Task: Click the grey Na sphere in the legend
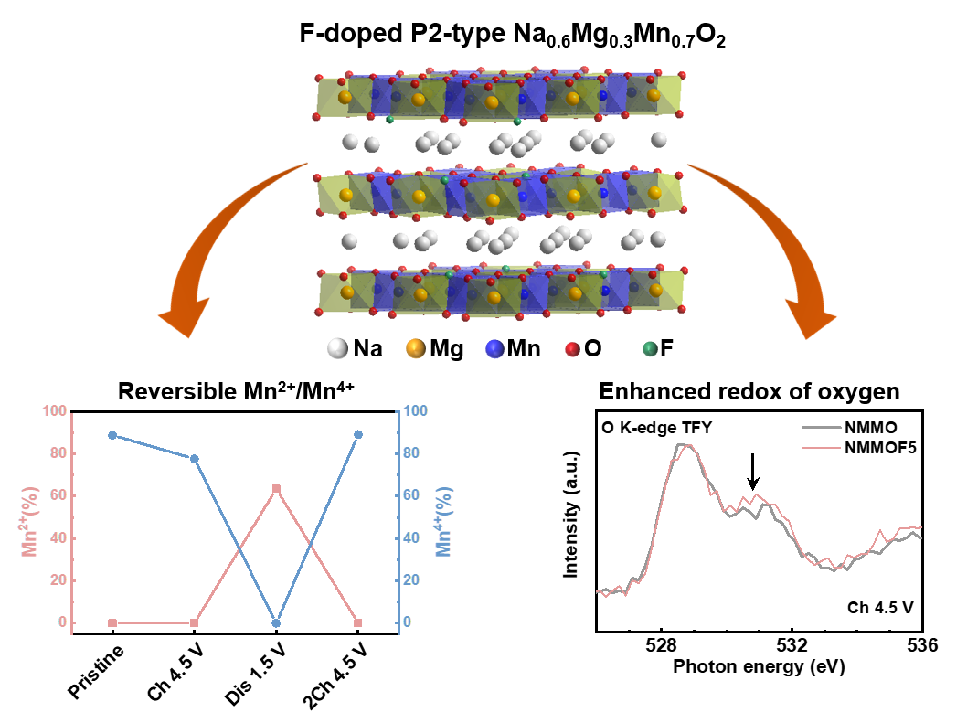336,348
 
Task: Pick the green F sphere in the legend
649,348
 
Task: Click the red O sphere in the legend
571,348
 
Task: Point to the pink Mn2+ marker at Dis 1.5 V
276,489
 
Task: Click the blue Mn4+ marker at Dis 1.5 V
276,623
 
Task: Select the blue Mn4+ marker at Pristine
112,435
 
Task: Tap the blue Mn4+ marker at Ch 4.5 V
194,458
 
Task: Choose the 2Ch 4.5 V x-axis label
338,675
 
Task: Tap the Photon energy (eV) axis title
759,667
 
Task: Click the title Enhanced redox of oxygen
749,392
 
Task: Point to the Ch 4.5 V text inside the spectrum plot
880,606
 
